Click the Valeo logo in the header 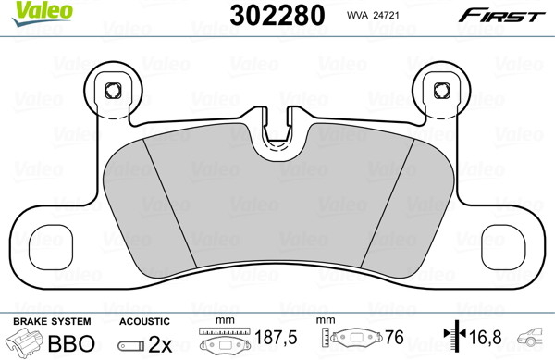42,13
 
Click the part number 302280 277,15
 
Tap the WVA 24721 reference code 373,15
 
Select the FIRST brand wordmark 502,16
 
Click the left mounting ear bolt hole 113,91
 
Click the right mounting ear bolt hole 442,91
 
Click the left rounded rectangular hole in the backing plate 51,247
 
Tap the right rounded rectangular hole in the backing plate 503,247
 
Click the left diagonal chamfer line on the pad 169,203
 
